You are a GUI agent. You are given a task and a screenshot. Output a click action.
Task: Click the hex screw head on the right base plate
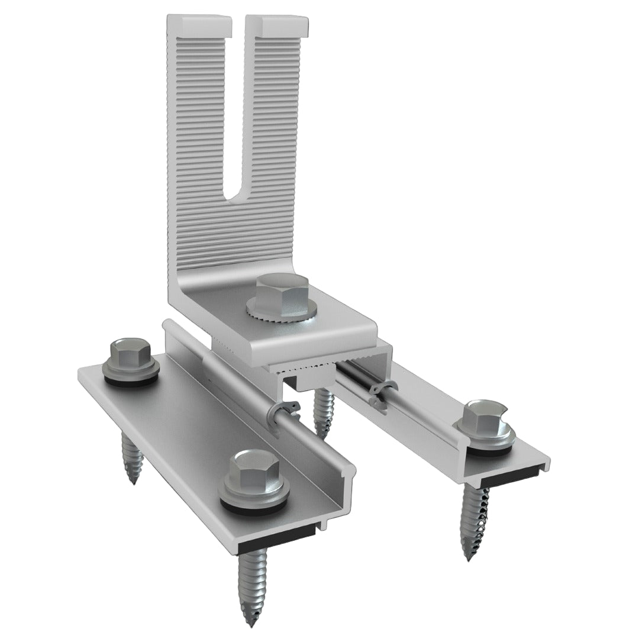click(483, 417)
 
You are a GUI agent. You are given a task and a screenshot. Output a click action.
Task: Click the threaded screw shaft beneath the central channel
click(324, 411)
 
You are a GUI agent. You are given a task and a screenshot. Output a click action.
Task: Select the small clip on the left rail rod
click(283, 412)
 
